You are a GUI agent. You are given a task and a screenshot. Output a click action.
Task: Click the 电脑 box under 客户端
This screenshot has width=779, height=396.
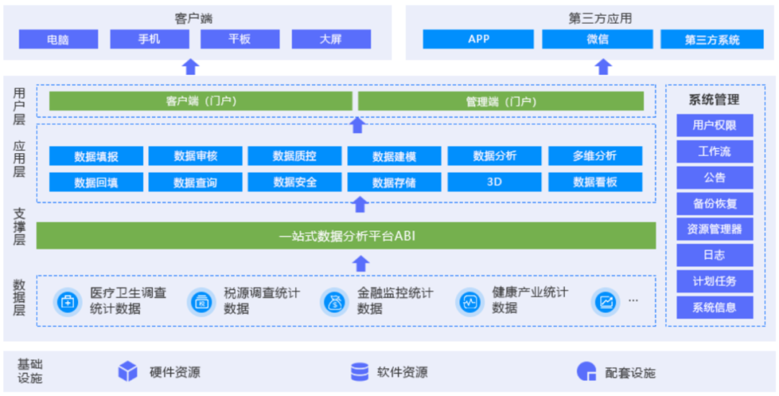click(58, 39)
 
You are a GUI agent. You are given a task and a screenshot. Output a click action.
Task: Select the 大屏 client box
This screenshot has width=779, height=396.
click(331, 39)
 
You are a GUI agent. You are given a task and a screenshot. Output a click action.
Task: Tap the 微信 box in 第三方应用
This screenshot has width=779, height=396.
click(597, 39)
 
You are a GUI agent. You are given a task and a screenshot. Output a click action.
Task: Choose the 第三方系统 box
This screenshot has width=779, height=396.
click(712, 40)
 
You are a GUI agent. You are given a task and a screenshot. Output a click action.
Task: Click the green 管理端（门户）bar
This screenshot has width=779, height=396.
click(501, 101)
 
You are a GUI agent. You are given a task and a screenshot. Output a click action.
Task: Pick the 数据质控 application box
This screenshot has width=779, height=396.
click(294, 155)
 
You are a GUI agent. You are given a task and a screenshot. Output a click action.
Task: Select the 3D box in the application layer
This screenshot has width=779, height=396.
click(494, 182)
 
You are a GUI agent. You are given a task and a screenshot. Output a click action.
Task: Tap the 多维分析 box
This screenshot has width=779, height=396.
click(595, 155)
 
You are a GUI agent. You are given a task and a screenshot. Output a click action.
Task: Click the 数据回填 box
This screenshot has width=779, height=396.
click(96, 182)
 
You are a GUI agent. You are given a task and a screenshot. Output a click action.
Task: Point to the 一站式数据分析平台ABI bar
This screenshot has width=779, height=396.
click(346, 236)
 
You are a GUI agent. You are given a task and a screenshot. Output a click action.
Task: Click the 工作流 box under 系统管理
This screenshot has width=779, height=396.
click(714, 151)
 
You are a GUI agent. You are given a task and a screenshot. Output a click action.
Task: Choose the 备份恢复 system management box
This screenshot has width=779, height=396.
click(714, 203)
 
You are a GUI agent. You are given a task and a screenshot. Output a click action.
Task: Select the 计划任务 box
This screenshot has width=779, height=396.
click(714, 281)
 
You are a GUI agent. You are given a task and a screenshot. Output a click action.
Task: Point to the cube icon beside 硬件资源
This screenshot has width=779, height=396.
click(128, 371)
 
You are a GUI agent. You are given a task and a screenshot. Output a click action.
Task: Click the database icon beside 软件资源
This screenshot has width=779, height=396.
click(359, 371)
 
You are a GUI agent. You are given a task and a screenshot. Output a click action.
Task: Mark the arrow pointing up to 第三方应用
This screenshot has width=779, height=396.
click(604, 67)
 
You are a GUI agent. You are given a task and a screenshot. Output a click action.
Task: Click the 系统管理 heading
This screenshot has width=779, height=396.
click(714, 100)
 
